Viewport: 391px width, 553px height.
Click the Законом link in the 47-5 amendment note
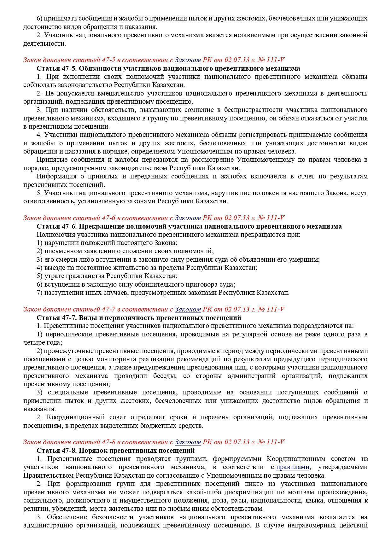(188, 60)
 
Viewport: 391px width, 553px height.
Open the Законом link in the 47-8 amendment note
(188, 442)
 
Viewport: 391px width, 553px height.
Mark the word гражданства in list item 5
(86, 276)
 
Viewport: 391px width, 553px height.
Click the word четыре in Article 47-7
(32, 342)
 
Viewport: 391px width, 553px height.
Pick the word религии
(34, 509)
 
